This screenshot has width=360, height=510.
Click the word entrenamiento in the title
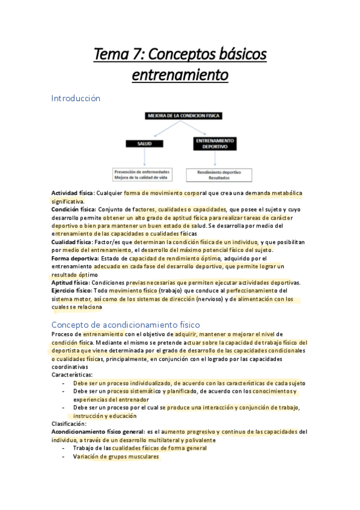click(x=180, y=76)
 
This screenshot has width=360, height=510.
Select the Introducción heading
click(x=76, y=97)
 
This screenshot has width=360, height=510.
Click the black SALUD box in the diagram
click(x=144, y=144)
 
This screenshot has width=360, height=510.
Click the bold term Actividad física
click(x=72, y=193)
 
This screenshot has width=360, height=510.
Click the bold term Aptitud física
click(x=70, y=282)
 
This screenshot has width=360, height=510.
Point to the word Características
click(x=72, y=374)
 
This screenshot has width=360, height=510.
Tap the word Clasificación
click(x=69, y=423)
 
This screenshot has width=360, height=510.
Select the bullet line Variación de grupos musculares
click(x=116, y=456)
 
